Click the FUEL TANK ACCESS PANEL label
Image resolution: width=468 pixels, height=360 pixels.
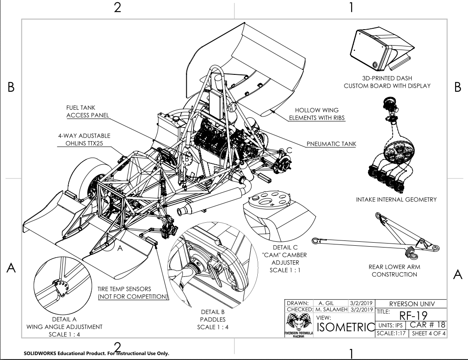coord(88,111)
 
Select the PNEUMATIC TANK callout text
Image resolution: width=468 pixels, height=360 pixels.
coord(332,144)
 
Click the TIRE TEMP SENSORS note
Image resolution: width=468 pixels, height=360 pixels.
coord(132,292)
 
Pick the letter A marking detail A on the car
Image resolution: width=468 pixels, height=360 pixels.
coord(119,249)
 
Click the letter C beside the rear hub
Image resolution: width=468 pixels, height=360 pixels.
coord(289,150)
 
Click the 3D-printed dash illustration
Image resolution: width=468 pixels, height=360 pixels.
coord(383,47)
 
